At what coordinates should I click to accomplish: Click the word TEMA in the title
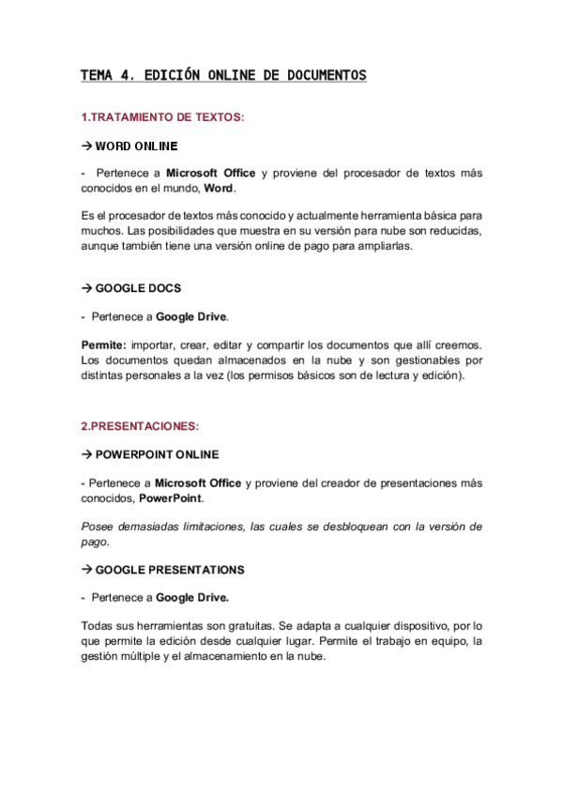pyautogui.click(x=95, y=75)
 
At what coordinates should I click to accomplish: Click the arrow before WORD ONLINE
pyautogui.click(x=86, y=146)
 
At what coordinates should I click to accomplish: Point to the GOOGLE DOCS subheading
pyautogui.click(x=138, y=288)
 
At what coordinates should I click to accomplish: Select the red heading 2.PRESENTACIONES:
pyautogui.click(x=140, y=425)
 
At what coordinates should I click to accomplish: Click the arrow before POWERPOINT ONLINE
pyautogui.click(x=86, y=454)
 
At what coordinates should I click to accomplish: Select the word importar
pyautogui.click(x=156, y=346)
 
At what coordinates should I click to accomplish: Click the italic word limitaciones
pyautogui.click(x=213, y=527)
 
